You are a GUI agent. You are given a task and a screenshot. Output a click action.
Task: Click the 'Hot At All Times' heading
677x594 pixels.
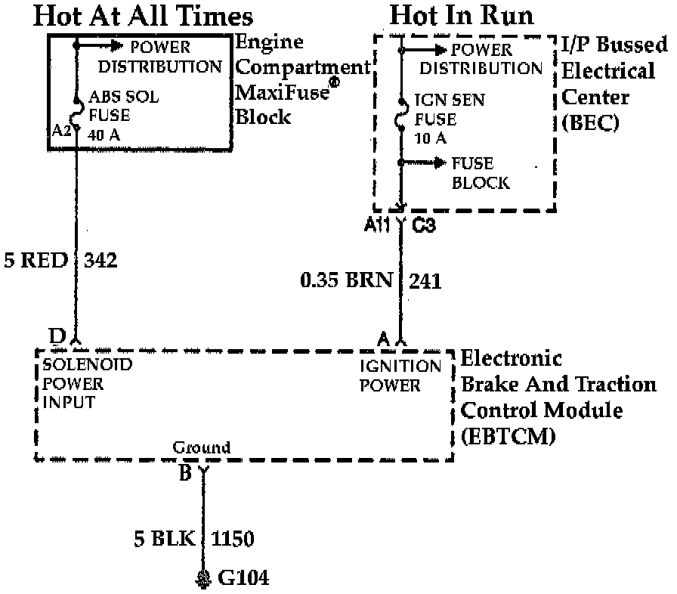[x=144, y=17]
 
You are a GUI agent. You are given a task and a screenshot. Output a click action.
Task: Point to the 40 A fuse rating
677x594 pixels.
[x=105, y=136]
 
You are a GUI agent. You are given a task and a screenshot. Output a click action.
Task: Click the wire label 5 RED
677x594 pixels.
[x=36, y=261]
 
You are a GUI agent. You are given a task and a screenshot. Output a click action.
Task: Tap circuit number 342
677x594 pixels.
[x=102, y=261]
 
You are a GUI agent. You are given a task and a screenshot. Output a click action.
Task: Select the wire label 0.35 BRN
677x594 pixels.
[x=346, y=281]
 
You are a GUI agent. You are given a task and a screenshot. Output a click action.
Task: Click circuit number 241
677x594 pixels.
[x=425, y=281]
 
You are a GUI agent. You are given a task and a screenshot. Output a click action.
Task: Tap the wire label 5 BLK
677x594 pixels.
[x=165, y=539]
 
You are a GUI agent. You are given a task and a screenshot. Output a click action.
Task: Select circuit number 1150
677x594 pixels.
[x=233, y=539]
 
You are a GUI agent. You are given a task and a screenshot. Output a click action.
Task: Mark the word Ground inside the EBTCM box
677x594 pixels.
[x=202, y=447]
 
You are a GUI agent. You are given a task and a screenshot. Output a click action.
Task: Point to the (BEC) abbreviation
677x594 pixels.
[x=590, y=122]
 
